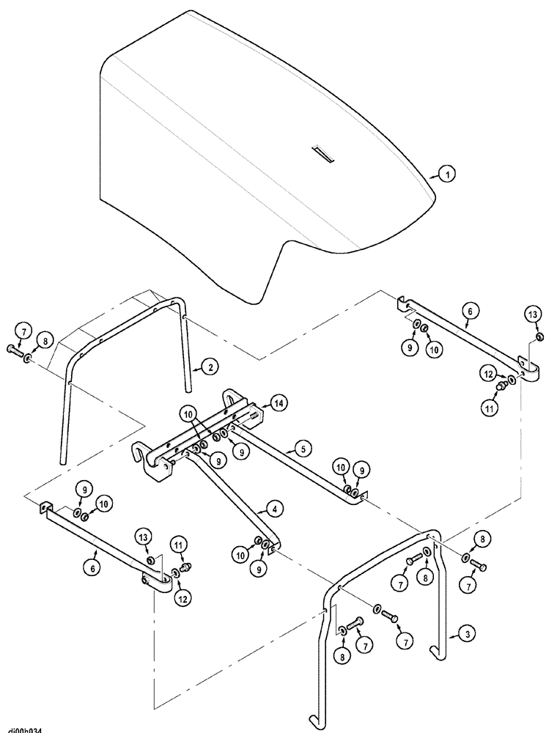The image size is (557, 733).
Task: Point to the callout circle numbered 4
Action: point(273,507)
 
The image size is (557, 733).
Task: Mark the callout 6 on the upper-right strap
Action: point(470,311)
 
